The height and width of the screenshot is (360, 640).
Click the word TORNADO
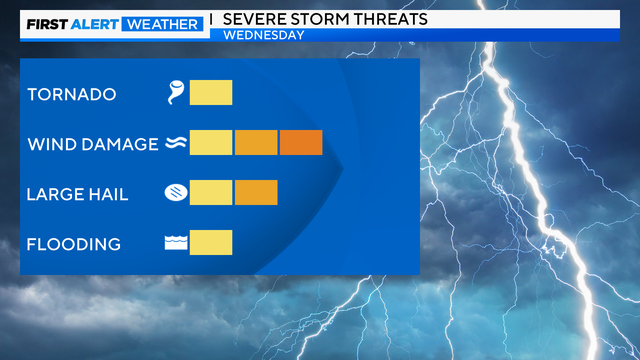[72, 95]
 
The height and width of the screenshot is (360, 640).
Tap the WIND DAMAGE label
[92, 144]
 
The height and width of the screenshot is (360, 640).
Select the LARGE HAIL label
[78, 194]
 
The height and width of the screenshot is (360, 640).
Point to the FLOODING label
[74, 244]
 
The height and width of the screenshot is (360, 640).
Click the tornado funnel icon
[177, 94]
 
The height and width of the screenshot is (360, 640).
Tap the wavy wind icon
[176, 144]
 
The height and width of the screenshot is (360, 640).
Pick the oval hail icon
[176, 193]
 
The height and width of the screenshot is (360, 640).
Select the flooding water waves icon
[176, 243]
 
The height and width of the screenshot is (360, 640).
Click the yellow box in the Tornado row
[211, 93]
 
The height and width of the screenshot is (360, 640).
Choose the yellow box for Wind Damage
[211, 143]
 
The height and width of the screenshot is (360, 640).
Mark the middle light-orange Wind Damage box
[256, 143]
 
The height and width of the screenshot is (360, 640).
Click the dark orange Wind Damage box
[301, 143]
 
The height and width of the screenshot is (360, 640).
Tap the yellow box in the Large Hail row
[211, 193]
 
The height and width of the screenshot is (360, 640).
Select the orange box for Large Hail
[256, 193]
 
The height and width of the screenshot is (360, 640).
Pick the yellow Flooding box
[211, 243]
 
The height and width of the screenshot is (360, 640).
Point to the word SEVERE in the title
[257, 19]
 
